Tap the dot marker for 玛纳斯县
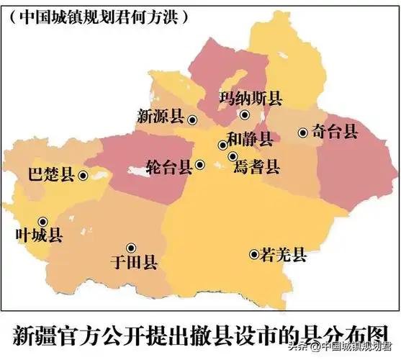(245, 114)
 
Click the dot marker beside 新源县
(192, 120)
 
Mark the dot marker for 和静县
(223, 145)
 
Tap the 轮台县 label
(168, 167)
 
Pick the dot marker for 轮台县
(200, 166)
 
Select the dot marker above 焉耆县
(233, 156)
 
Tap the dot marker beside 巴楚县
(83, 174)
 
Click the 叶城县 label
(39, 235)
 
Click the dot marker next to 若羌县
(253, 253)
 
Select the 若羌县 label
(284, 254)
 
